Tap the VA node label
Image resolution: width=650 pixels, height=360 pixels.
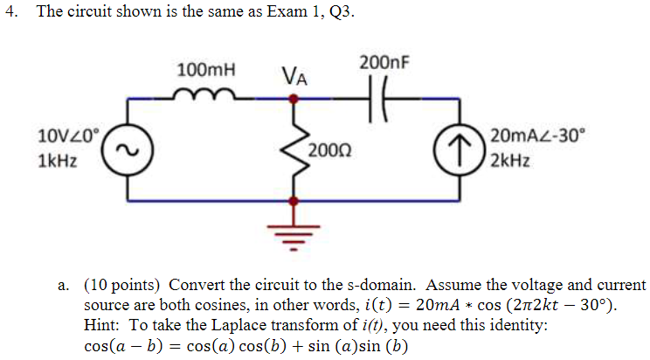click(x=294, y=77)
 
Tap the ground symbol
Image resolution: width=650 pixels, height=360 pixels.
click(x=294, y=232)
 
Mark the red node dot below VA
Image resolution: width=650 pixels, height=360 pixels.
click(x=294, y=100)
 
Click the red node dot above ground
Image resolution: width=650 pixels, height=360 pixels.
click(x=294, y=201)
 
